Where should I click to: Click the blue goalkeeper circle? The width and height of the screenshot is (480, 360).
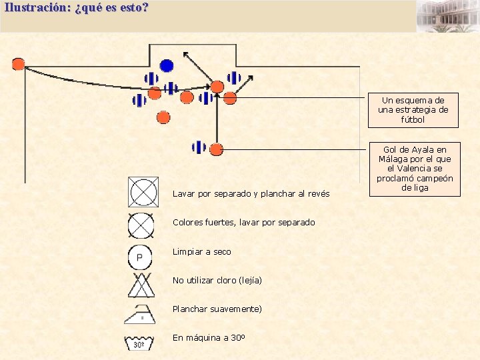pos(167,65)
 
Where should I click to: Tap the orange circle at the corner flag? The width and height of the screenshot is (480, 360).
pos(18,64)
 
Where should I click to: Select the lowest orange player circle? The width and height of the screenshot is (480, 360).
pos(216,149)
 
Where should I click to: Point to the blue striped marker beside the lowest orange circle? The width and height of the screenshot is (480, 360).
pos(199,147)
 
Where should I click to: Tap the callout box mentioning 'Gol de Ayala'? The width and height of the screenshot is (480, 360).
pos(414,169)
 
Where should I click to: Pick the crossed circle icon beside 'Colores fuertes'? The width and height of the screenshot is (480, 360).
pos(141,225)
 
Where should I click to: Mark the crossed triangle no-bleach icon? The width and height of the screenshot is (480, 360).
pos(141,285)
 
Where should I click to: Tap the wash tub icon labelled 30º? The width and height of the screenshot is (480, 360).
pos(141,343)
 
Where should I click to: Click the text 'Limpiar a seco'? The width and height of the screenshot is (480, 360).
pos(202,251)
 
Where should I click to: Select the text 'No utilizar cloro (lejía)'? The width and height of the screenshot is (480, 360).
pos(217,280)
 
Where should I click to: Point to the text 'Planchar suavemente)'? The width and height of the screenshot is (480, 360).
pos(217,309)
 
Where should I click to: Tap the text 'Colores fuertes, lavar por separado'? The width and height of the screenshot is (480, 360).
pos(244,222)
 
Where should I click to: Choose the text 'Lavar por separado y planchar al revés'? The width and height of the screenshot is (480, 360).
pos(251,193)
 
